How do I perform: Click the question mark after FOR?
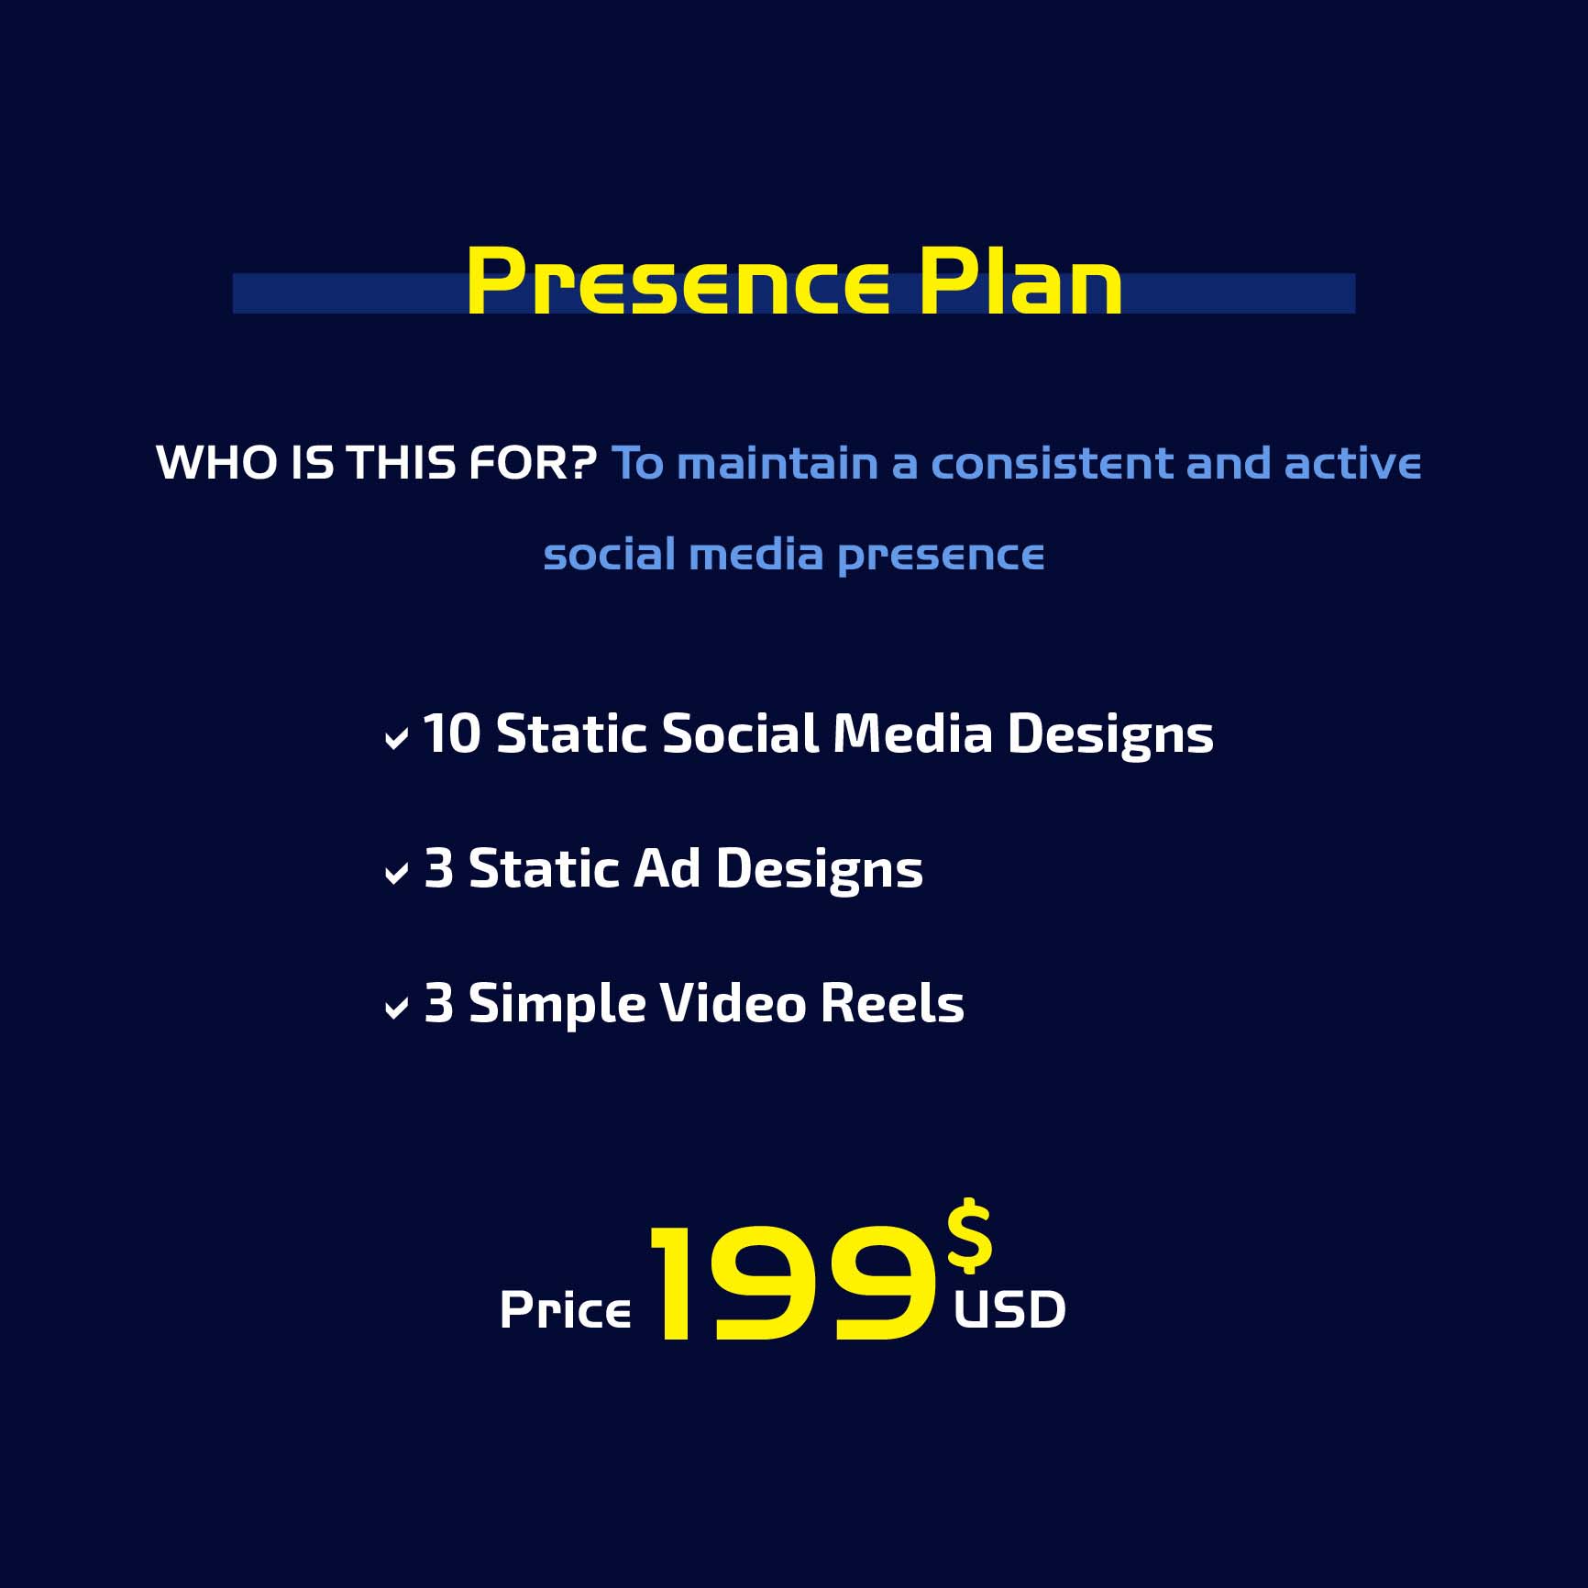click(x=581, y=462)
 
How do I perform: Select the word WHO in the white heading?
click(x=217, y=462)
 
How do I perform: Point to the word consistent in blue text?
click(x=1052, y=463)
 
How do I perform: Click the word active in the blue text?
click(x=1352, y=463)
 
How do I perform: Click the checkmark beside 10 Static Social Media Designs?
click(x=396, y=739)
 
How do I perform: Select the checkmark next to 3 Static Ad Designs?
click(x=396, y=874)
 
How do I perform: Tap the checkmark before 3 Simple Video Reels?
click(x=396, y=1009)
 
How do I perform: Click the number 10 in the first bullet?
click(x=452, y=733)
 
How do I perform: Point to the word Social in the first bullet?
click(x=740, y=733)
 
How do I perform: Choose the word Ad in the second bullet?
click(x=667, y=868)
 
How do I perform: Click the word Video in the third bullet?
click(x=733, y=1003)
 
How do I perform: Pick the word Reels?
click(x=892, y=1003)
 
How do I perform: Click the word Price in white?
click(x=566, y=1309)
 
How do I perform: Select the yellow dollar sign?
click(x=970, y=1237)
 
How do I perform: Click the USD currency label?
click(x=1010, y=1309)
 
